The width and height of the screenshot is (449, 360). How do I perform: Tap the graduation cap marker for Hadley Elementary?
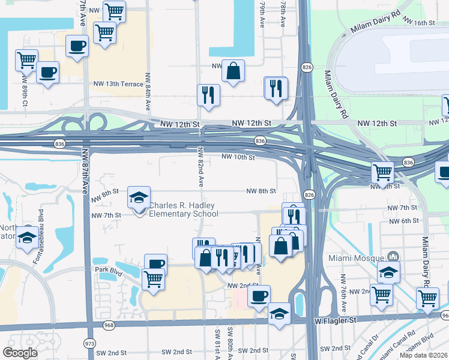tap(139, 197)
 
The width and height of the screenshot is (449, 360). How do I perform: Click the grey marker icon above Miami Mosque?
tap(393, 256)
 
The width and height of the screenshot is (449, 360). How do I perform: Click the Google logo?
tap(20, 353)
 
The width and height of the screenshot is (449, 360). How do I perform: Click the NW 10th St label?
tap(238, 157)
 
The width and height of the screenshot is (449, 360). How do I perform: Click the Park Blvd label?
tap(108, 270)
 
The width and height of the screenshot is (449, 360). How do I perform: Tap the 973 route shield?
tap(90, 343)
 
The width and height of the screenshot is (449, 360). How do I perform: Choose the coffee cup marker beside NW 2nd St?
tap(259, 296)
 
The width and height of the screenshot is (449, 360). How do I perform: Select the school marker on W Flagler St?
tap(279, 314)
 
